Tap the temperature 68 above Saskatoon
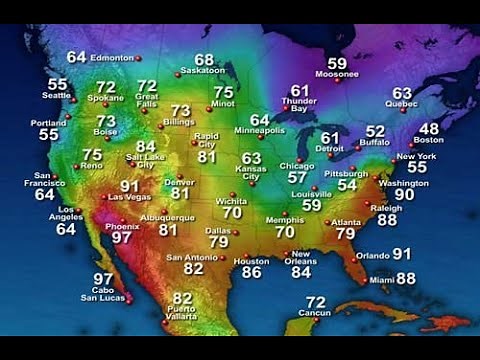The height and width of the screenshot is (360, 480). click(204, 60)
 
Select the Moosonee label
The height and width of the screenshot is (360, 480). click(337, 74)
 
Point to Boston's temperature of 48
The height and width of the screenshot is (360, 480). click(428, 129)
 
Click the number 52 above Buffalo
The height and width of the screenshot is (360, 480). click(375, 131)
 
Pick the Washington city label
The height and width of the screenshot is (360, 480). click(404, 184)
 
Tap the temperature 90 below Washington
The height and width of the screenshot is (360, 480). click(404, 195)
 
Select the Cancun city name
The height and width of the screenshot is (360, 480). click(315, 314)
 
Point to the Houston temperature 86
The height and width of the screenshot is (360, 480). click(251, 272)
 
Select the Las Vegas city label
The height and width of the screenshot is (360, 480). click(129, 197)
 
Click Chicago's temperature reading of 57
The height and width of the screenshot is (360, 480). click(297, 177)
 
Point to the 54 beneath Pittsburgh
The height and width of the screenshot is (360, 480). click(346, 185)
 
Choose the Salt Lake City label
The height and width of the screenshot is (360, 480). click(145, 160)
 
